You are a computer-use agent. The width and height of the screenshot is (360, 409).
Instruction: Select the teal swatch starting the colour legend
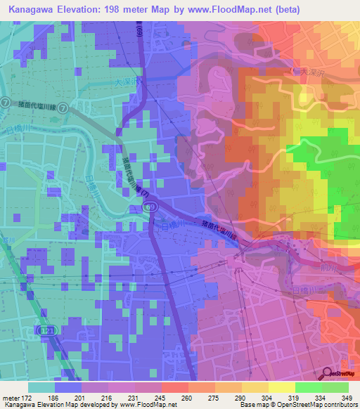41,387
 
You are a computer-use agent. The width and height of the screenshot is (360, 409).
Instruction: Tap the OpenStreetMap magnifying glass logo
328,373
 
